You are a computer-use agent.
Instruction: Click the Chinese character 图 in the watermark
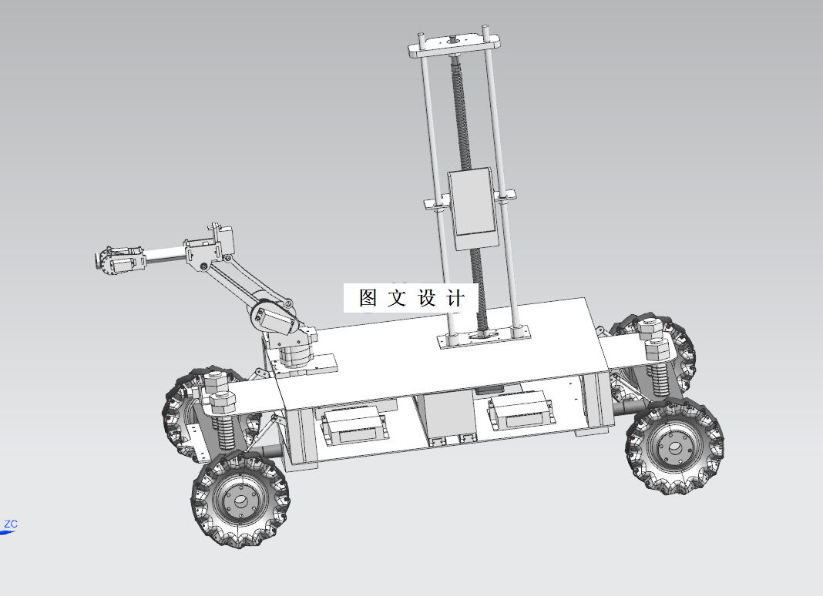point(368,297)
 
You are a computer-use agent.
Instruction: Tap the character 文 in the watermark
point(397,297)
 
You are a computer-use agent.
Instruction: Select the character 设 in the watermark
point(427,297)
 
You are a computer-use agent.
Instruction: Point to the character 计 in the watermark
point(455,297)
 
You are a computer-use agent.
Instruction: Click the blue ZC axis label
point(10,524)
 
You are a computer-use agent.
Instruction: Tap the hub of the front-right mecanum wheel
point(675,447)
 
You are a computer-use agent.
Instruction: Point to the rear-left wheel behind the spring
point(183,416)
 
